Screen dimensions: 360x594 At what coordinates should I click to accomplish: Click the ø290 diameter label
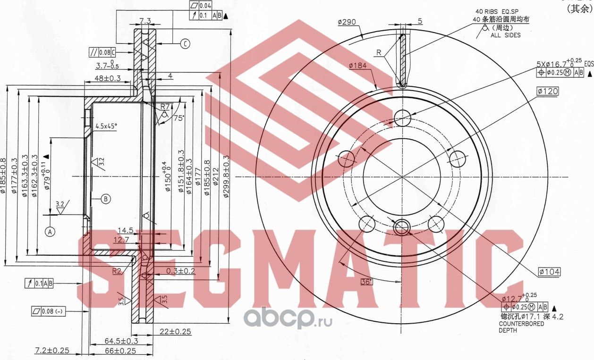pos(347,22)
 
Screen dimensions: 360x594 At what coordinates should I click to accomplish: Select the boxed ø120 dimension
pos(547,91)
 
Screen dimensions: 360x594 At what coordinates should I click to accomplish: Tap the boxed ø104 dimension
pos(549,272)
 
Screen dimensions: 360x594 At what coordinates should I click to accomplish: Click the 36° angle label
pos(366,282)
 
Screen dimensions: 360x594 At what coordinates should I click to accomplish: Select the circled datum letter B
pos(106,199)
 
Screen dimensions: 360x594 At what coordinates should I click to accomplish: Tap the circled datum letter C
pos(185,44)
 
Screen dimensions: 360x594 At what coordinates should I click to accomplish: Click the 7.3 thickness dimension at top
pos(145,21)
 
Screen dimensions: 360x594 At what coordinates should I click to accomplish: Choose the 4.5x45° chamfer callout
pos(106,126)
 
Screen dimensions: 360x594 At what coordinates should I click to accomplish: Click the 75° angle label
pos(178,118)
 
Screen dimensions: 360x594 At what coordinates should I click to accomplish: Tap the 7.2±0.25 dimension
pos(52,350)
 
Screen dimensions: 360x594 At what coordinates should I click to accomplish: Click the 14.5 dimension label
pos(125,230)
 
